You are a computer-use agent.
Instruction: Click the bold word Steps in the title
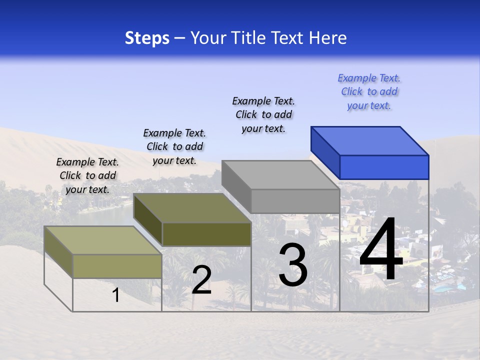(147, 38)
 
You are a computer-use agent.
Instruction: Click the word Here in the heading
(328, 38)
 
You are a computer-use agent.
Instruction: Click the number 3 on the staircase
(292, 265)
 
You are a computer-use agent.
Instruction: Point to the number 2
(201, 280)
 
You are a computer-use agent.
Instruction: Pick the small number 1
(116, 295)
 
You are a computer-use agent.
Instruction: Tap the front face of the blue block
(384, 167)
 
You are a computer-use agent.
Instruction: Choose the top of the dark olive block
(192, 208)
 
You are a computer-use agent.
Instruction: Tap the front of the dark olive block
(206, 234)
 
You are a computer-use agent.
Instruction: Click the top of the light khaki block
(103, 240)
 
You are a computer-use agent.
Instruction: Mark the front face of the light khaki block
(117, 266)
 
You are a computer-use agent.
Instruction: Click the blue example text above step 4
(369, 92)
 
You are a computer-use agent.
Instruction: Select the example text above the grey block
(263, 114)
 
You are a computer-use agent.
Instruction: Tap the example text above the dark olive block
(174, 146)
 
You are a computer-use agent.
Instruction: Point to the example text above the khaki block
(87, 175)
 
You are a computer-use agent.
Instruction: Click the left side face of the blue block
(325, 153)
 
